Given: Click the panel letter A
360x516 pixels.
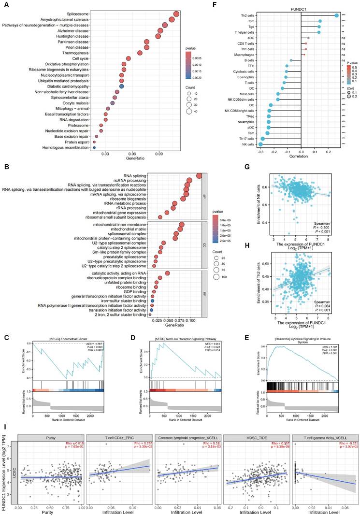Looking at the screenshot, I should (5, 7).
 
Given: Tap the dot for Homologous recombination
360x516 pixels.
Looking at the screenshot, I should (95, 147).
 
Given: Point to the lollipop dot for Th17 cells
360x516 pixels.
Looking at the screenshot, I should (263, 138).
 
